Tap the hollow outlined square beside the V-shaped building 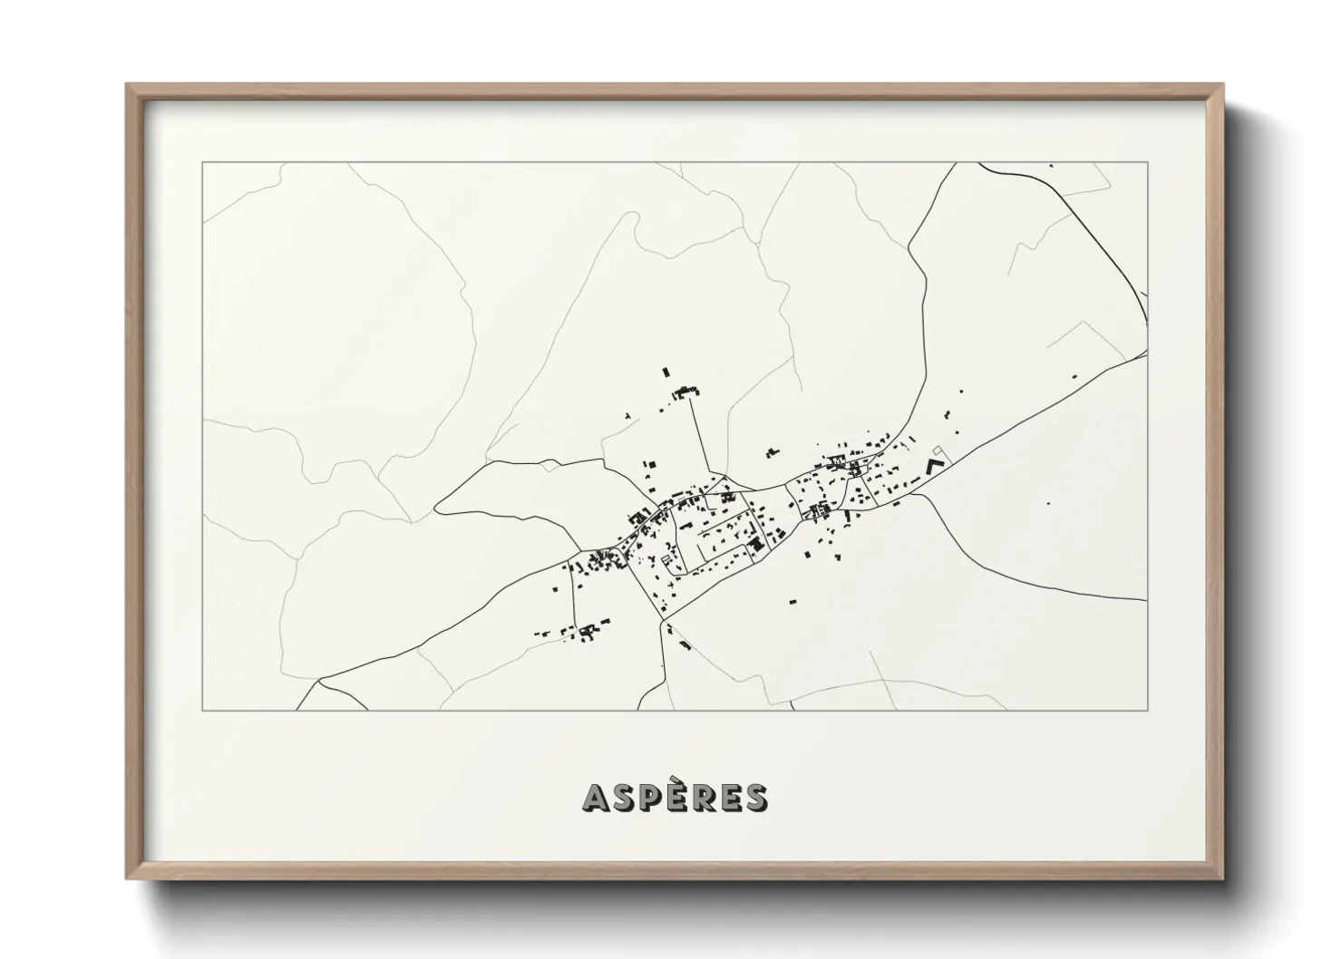tap(938, 450)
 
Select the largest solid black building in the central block tap(754, 544)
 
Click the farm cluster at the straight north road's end tap(686, 392)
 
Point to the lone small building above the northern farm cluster tap(665, 372)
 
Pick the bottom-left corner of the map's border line tap(203, 710)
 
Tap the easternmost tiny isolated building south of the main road tap(1048, 502)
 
